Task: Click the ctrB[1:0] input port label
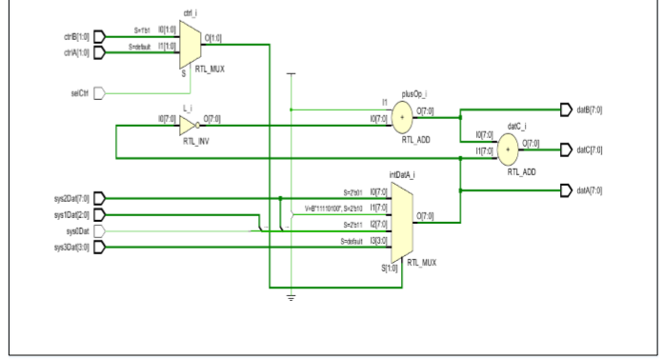coord(76,38)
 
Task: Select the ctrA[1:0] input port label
coord(76,52)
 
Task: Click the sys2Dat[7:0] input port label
coord(72,198)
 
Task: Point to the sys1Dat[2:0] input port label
coord(72,214)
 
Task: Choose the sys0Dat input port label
coord(79,230)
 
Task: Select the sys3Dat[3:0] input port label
coord(72,247)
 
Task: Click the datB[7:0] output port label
coord(589,110)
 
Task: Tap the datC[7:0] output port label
coord(589,150)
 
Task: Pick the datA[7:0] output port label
coord(589,190)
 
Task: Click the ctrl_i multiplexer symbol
coord(190,45)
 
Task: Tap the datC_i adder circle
coord(508,149)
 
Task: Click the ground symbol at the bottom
coord(291,297)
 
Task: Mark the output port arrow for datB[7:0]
coord(566,110)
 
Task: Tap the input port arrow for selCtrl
coord(98,93)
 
